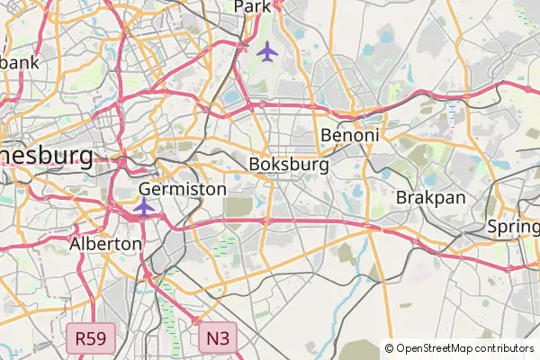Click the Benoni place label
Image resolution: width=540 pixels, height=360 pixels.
point(350,135)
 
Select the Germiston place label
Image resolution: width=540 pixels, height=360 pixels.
point(183,190)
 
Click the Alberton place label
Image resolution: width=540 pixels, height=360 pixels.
point(105,244)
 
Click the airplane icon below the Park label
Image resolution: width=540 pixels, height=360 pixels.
point(266,51)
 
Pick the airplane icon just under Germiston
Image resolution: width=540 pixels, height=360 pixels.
point(143,208)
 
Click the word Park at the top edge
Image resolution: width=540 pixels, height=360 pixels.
point(252,7)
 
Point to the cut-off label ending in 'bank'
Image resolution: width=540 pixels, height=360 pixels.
point(20,63)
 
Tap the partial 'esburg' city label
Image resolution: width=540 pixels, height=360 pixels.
point(45,156)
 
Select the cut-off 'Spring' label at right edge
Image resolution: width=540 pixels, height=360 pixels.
point(514,227)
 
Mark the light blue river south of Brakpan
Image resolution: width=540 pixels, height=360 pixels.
point(343,306)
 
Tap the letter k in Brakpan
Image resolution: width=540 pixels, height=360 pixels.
point(428,197)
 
